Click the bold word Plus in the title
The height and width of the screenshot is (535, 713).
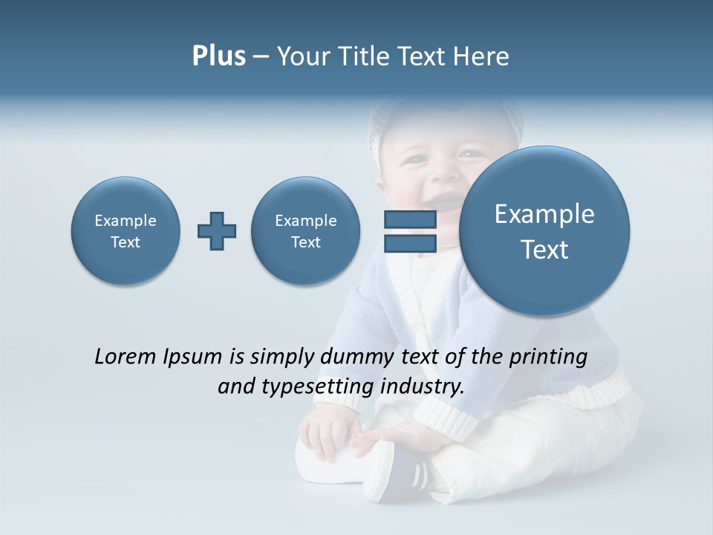coord(218,56)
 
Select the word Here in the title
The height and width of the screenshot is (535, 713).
coord(482,56)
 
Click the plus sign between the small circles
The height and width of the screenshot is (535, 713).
coord(217,231)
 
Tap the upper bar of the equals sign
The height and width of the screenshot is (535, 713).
coord(409,219)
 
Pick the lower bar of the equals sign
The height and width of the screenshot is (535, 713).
coord(409,243)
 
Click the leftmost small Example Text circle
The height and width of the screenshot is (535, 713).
coord(126,231)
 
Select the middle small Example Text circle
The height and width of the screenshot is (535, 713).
coord(305,231)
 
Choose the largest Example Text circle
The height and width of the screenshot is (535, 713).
coord(544,231)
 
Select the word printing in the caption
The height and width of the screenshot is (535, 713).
coord(547,357)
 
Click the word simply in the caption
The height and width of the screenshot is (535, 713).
coord(281,357)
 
